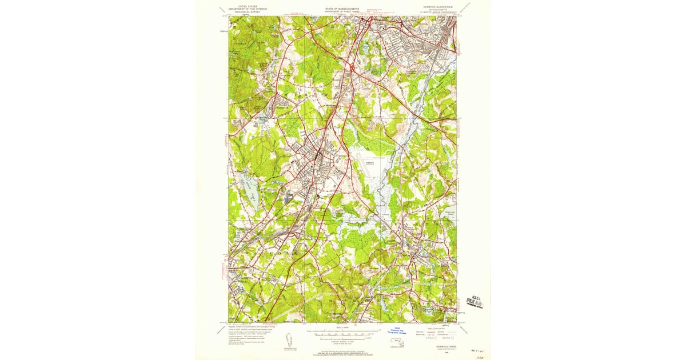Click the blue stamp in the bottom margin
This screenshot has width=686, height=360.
pyautogui.click(x=396, y=331)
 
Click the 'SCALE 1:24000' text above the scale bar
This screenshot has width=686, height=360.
pyautogui.click(x=342, y=327)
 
